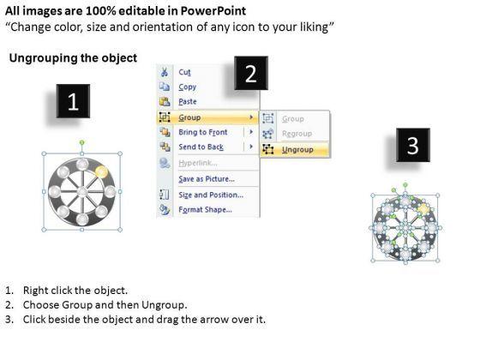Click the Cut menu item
[184, 72]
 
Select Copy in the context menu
[188, 87]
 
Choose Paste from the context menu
[188, 102]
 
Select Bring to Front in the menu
[203, 132]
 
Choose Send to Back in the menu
[201, 147]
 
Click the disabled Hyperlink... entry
[198, 163]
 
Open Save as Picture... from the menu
[207, 179]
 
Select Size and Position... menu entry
[211, 195]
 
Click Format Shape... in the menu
[205, 210]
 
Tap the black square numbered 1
[73, 101]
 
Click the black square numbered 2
[251, 73]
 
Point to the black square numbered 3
[413, 145]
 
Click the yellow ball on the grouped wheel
[101, 172]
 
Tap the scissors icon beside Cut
[165, 72]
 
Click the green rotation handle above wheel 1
[81, 142]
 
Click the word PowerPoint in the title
[213, 11]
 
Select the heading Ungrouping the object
[73, 58]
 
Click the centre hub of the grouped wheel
[82, 192]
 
